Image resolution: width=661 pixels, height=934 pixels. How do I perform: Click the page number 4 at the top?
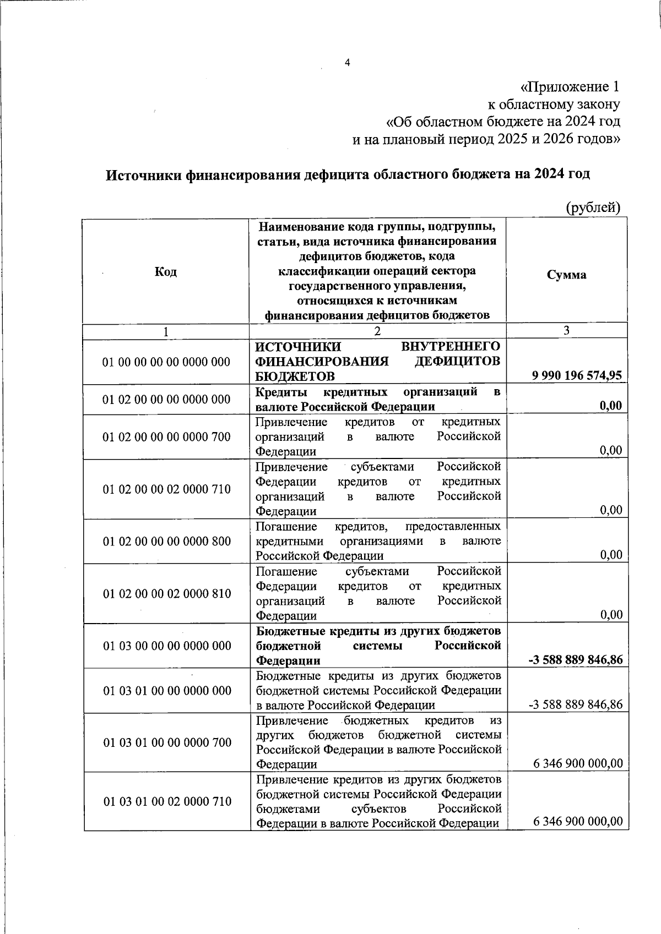pyautogui.click(x=347, y=63)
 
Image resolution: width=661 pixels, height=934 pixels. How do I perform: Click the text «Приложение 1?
pyautogui.click(x=570, y=87)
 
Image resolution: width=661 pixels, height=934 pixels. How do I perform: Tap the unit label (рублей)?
pyautogui.click(x=593, y=207)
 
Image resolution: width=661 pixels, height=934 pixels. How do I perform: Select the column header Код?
pyautogui.click(x=166, y=271)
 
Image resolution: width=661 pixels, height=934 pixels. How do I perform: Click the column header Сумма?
pyautogui.click(x=566, y=275)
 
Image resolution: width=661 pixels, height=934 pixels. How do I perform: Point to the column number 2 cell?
pyautogui.click(x=377, y=331)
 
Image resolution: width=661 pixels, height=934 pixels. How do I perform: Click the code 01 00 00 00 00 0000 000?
pyautogui.click(x=166, y=362)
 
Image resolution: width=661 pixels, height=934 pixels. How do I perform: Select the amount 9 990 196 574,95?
pyautogui.click(x=577, y=375)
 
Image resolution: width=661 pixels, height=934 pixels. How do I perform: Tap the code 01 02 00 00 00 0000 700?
pyautogui.click(x=166, y=437)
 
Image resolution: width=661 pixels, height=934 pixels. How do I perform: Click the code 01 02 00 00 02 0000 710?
pyautogui.click(x=166, y=489)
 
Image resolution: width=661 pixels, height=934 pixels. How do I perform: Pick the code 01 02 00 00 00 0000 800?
pyautogui.click(x=166, y=541)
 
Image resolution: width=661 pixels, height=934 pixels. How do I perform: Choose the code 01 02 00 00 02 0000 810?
pyautogui.click(x=166, y=593)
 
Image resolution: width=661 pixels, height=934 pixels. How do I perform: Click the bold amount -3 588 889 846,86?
pyautogui.click(x=575, y=659)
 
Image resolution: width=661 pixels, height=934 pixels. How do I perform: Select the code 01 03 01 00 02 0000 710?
pyautogui.click(x=167, y=802)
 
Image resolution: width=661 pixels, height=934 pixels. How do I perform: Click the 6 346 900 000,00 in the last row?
pyautogui.click(x=578, y=822)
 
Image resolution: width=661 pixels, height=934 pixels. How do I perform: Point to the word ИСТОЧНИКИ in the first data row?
pyautogui.click(x=298, y=346)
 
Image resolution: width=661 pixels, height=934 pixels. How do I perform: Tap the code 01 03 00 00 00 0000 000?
pyautogui.click(x=167, y=646)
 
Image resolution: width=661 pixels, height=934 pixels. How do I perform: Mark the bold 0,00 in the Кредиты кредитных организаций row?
pyautogui.click(x=610, y=406)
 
